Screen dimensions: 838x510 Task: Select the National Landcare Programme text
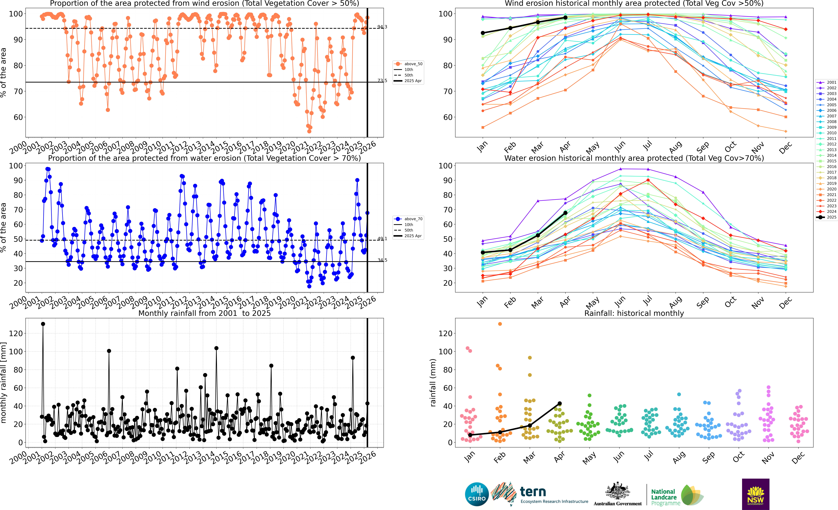(666, 497)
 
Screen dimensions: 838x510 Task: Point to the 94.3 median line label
(382, 27)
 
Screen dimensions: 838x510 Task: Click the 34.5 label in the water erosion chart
(382, 260)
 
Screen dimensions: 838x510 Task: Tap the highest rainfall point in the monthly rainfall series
(43, 324)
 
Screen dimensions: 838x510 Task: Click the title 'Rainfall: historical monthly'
(634, 313)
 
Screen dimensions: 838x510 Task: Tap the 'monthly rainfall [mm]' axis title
(4, 383)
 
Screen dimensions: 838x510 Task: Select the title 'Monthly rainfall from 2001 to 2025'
(204, 313)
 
